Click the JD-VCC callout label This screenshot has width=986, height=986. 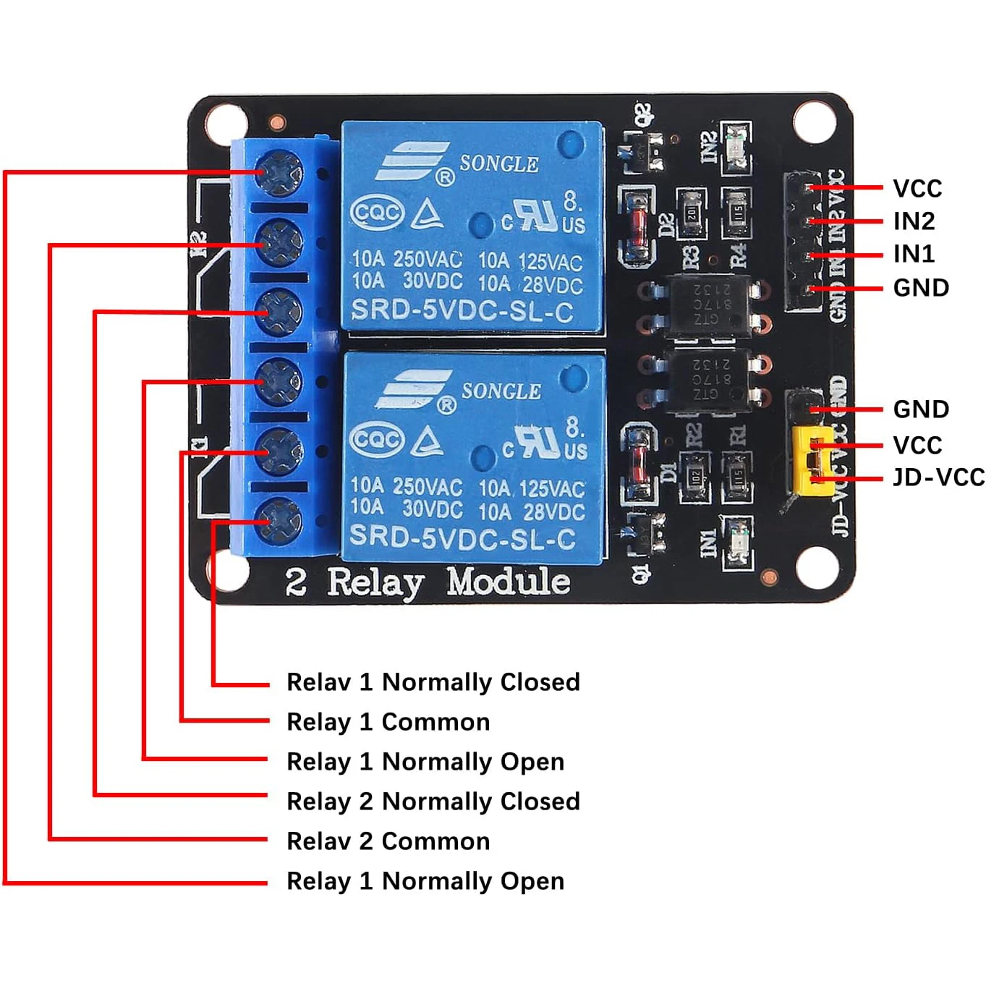pos(938,477)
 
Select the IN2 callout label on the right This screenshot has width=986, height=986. pos(914,221)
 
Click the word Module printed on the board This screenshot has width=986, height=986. pos(508,582)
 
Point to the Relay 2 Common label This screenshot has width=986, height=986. pos(388,841)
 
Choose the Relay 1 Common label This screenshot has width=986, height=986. pos(388,722)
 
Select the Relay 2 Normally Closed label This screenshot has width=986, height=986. pos(433,802)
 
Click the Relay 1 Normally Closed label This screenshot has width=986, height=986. pos(433,682)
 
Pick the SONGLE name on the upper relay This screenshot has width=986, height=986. pos(499,164)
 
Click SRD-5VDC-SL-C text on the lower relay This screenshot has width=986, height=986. pos(462,537)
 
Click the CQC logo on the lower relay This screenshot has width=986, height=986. pos(376,439)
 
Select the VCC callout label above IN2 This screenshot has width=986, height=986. pos(917,188)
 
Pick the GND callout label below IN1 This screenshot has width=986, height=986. pos(920,288)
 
